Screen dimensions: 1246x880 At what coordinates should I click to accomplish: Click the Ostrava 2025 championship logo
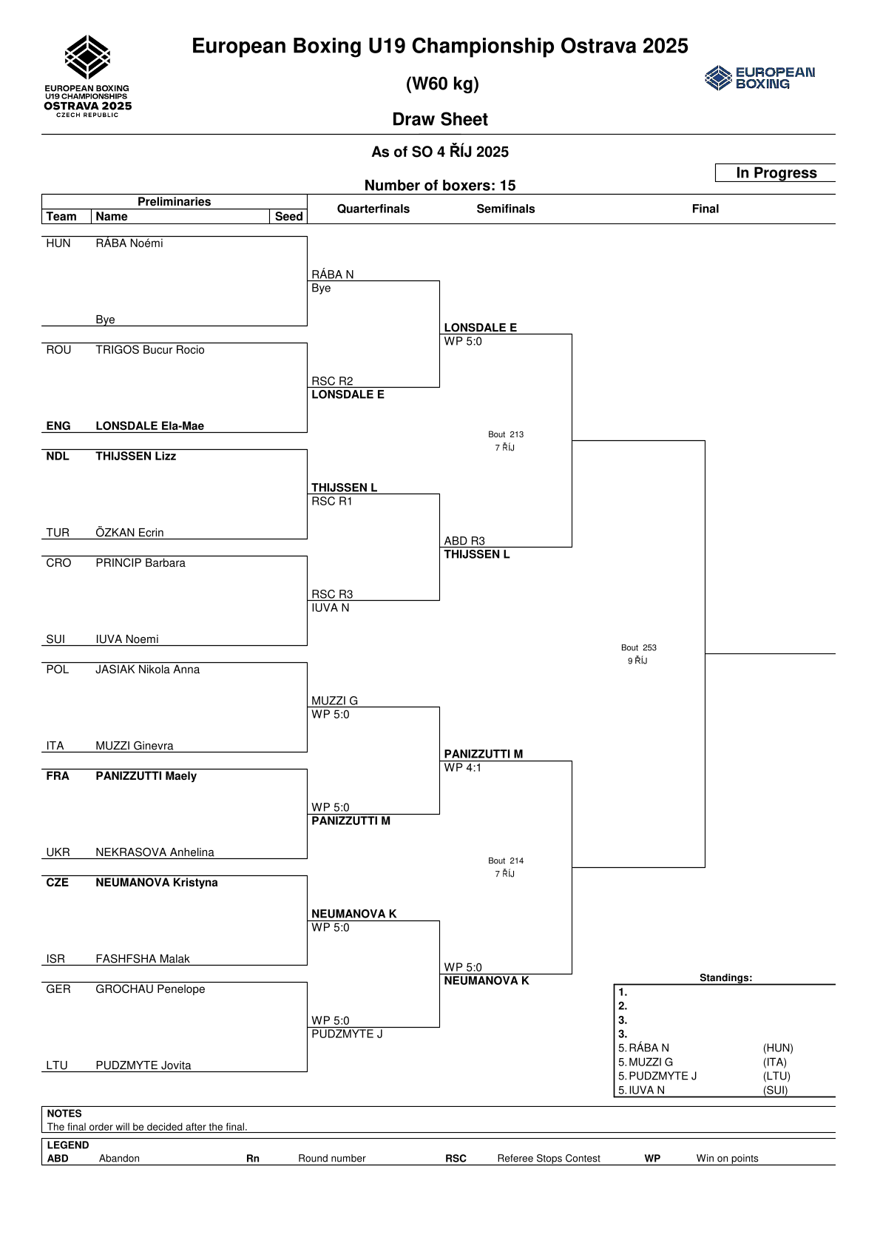[87, 76]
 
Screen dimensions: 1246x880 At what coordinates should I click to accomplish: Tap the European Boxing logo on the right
[759, 78]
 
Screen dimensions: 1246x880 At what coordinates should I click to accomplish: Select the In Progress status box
[776, 173]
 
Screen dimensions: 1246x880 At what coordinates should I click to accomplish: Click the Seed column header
[288, 217]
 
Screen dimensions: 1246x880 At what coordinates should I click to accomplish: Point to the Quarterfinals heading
[373, 209]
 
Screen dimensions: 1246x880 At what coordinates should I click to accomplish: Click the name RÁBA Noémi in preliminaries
[129, 243]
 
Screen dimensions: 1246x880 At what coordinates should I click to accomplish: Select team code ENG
[58, 426]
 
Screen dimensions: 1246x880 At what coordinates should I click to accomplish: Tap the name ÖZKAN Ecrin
[129, 533]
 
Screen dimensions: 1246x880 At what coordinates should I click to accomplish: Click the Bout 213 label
[506, 434]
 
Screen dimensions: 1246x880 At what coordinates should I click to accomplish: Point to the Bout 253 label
[639, 647]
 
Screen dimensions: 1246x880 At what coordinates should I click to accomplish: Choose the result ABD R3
[464, 541]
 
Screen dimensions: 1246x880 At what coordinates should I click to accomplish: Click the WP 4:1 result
[463, 768]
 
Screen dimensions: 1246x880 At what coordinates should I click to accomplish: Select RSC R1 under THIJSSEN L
[332, 502]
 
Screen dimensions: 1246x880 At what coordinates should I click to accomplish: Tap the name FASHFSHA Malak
[143, 959]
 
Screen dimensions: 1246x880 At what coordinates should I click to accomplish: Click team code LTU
[57, 1065]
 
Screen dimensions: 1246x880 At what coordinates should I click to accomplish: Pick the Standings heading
[725, 978]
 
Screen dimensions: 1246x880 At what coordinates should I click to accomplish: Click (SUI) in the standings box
[775, 1090]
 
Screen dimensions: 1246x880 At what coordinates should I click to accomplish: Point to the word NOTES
[64, 1114]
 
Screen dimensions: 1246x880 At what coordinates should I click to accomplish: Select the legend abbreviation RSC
[456, 1159]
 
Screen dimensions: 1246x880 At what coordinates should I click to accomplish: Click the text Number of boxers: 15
[440, 186]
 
